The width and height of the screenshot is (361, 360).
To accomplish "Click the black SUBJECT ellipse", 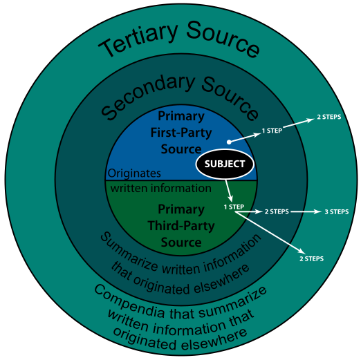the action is [x=225, y=164].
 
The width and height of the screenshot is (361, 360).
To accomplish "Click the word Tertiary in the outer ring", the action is [x=138, y=39].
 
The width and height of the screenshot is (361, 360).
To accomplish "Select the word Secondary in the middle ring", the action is [x=147, y=97].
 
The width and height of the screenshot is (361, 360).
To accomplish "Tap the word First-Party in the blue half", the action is [x=181, y=133].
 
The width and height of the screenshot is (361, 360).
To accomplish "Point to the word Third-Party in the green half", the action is [x=181, y=226].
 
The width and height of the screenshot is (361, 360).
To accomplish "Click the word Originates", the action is [x=134, y=173].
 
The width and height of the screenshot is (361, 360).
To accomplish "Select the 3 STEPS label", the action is [x=337, y=211].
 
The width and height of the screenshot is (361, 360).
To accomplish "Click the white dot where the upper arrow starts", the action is [x=229, y=142].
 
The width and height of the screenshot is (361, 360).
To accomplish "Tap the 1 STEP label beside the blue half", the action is [x=272, y=131].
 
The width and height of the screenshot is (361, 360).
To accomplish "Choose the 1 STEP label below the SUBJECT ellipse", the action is [x=234, y=207].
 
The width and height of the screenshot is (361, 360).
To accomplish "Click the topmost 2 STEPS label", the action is [x=329, y=117].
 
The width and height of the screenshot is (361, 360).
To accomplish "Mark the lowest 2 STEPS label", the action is [x=311, y=258].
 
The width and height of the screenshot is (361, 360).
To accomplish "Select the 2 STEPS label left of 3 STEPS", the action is [x=277, y=211].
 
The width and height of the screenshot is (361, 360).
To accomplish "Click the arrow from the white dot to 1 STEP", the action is [x=245, y=138].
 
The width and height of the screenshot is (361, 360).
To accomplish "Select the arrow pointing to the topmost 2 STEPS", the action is [x=299, y=123].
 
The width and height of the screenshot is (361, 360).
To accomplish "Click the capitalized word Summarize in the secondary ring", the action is [x=129, y=252].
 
